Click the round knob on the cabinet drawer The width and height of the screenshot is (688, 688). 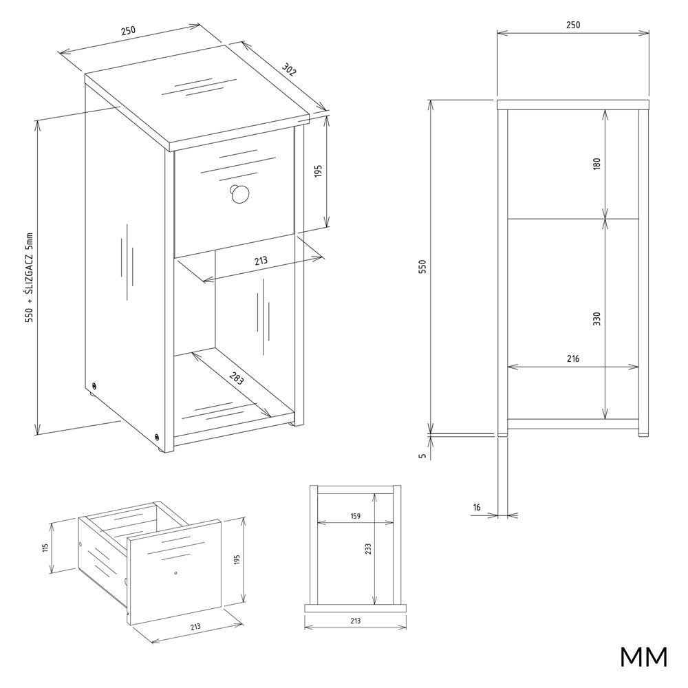click(239, 195)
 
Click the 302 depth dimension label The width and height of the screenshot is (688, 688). click(288, 69)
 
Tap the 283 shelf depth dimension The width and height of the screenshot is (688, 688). click(235, 378)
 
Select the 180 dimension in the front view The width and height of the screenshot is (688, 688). click(596, 164)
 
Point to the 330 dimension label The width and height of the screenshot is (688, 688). click(596, 319)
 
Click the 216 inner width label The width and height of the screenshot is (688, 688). click(573, 359)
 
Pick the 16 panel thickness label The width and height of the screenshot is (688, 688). click(477, 507)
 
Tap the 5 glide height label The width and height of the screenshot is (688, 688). click(422, 455)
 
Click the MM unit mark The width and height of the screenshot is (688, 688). click(644, 657)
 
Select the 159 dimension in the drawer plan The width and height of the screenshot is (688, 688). click(356, 516)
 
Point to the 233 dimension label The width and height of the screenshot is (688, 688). click(367, 549)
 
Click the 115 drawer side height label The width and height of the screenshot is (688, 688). click(45, 548)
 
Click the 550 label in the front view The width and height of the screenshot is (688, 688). click(422, 267)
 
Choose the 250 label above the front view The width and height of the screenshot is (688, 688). click(572, 25)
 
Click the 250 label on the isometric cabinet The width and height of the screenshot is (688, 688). click(128, 31)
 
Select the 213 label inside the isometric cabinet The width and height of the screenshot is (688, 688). click(261, 261)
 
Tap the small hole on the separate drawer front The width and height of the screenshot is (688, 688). click(175, 572)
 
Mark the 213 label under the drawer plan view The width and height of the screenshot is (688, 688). click(356, 621)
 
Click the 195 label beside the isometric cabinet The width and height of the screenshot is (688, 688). click(319, 171)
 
